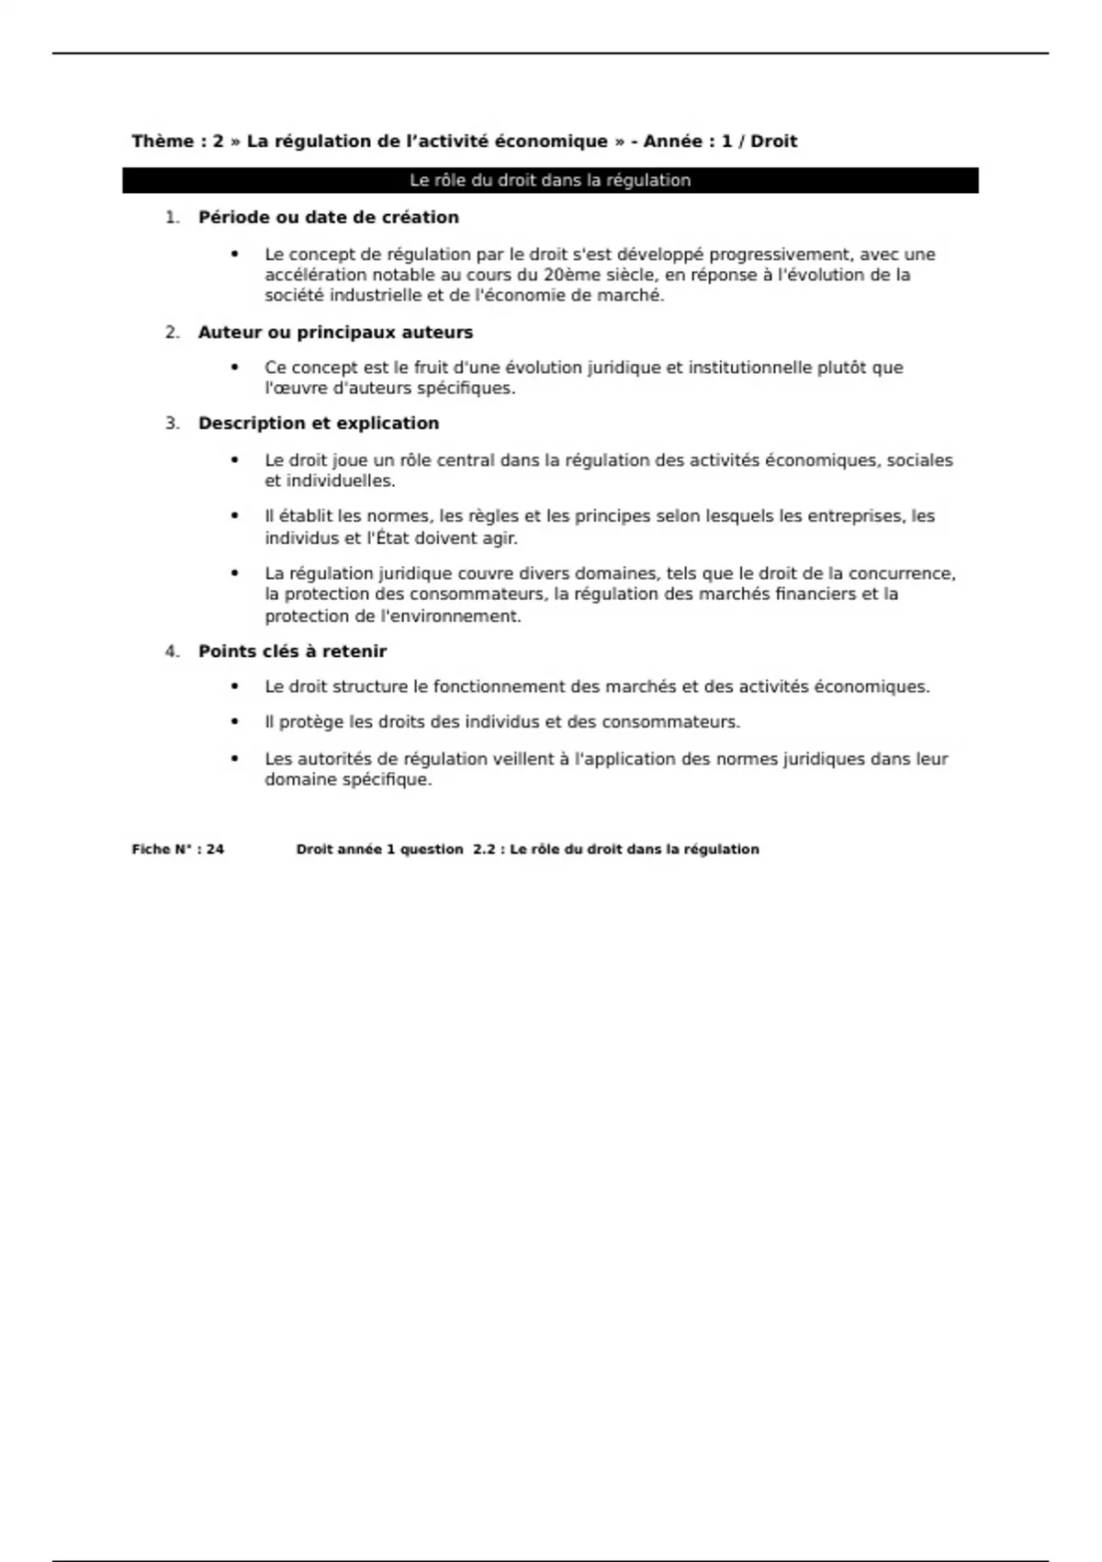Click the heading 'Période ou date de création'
click(x=328, y=218)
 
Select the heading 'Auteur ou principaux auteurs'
click(x=335, y=333)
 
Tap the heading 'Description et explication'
click(x=319, y=424)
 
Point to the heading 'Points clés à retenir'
click(x=292, y=651)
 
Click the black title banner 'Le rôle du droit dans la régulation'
click(x=550, y=180)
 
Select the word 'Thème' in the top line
click(x=163, y=141)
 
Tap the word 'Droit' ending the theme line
click(x=773, y=141)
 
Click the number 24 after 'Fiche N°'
click(x=215, y=850)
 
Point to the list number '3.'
click(x=172, y=424)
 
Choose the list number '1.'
click(x=172, y=218)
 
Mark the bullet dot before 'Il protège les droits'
click(x=235, y=722)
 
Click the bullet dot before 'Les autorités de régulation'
click(x=235, y=759)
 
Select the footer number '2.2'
click(x=484, y=850)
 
